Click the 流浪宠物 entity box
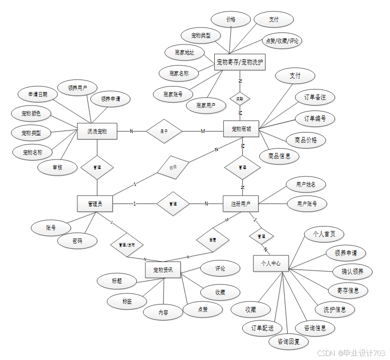click(x=97, y=132)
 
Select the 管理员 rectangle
click(x=95, y=203)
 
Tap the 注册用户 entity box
click(x=241, y=203)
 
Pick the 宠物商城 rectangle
click(x=241, y=129)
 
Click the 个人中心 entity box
click(x=271, y=263)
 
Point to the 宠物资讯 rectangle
click(x=163, y=270)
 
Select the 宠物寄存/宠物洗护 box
click(x=240, y=62)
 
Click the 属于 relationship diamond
click(x=163, y=131)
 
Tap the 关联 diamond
click(x=240, y=98)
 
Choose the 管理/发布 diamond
click(x=127, y=245)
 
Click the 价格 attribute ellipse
click(x=230, y=19)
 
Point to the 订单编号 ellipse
click(x=315, y=118)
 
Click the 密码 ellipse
click(x=77, y=241)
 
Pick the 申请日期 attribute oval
click(x=38, y=94)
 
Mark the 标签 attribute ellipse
click(x=127, y=301)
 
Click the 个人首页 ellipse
click(x=324, y=234)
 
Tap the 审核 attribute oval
click(x=57, y=167)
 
